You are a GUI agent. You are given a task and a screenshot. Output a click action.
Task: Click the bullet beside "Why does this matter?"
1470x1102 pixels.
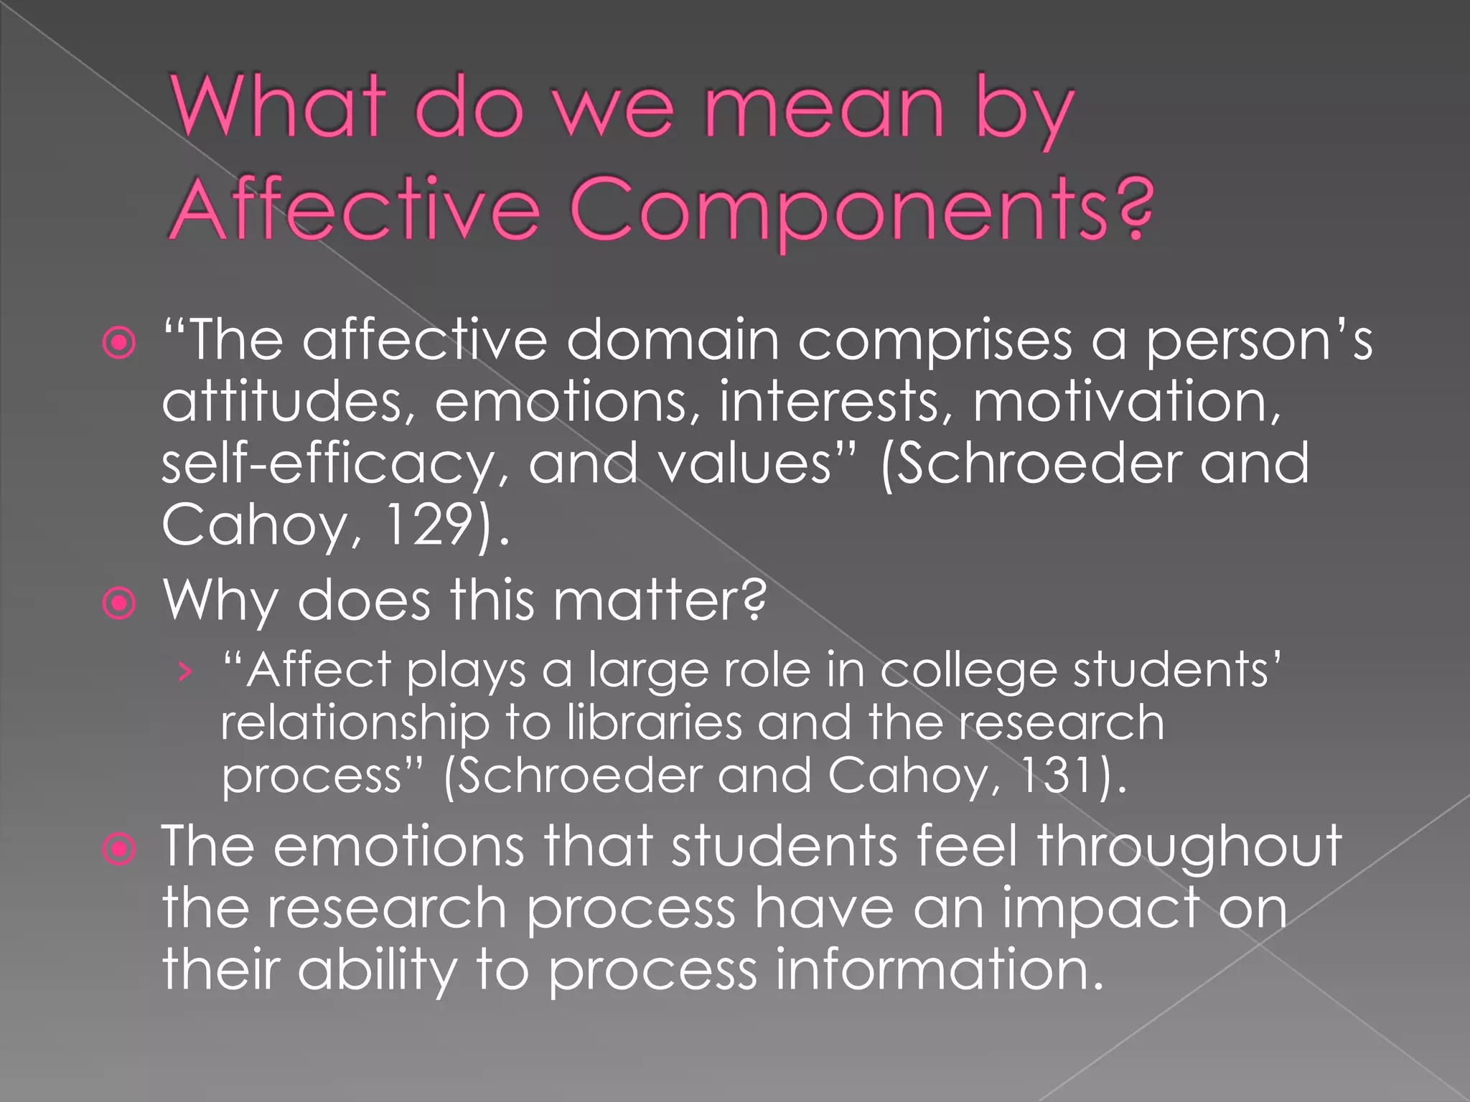pos(119,603)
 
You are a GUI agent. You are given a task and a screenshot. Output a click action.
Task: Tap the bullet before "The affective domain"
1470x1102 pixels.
pos(119,343)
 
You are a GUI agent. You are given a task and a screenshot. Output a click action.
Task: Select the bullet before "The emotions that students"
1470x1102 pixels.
pos(119,849)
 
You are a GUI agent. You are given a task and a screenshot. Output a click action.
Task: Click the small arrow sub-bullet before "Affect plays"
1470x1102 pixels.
pos(186,672)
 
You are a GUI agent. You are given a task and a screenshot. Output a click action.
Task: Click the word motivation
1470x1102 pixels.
pos(1125,402)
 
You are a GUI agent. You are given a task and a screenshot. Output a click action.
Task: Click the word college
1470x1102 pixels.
pos(968,671)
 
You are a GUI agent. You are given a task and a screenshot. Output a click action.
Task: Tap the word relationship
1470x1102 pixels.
pos(355,723)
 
